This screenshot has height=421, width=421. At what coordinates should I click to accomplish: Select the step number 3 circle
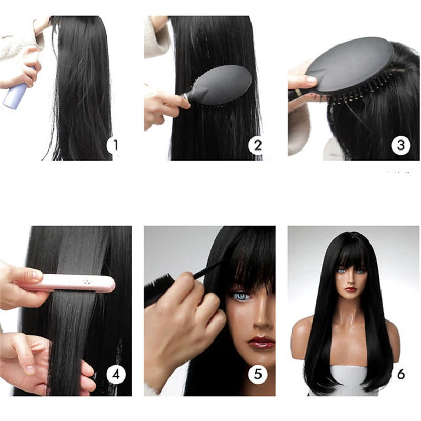tap(400, 144)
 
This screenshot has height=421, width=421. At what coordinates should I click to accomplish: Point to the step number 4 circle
tap(116, 374)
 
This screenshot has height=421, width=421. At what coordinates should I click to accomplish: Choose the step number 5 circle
tap(257, 374)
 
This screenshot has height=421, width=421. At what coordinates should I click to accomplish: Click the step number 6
tap(401, 374)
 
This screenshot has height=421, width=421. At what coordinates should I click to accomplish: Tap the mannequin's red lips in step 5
tap(262, 343)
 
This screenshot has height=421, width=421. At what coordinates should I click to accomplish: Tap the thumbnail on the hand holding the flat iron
tap(35, 275)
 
